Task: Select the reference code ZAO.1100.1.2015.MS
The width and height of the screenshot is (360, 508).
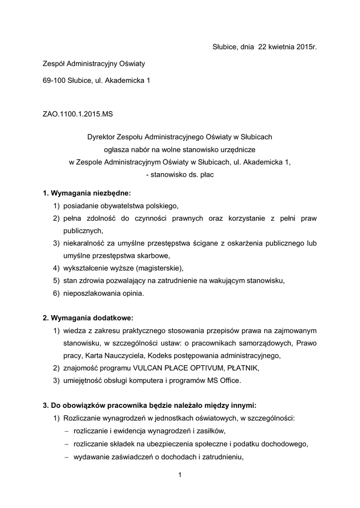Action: pyautogui.click(x=78, y=114)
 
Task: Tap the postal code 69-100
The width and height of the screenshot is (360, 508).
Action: pyautogui.click(x=54, y=80)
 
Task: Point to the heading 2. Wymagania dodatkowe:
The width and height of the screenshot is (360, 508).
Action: pyautogui.click(x=88, y=317)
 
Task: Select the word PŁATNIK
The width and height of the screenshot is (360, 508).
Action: pyautogui.click(x=244, y=368)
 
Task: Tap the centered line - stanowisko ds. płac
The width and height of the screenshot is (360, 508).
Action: pyautogui.click(x=180, y=174)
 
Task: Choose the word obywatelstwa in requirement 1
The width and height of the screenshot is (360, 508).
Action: pyautogui.click(x=120, y=205)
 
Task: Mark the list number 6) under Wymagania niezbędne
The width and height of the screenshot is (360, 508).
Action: pyautogui.click(x=56, y=294)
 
